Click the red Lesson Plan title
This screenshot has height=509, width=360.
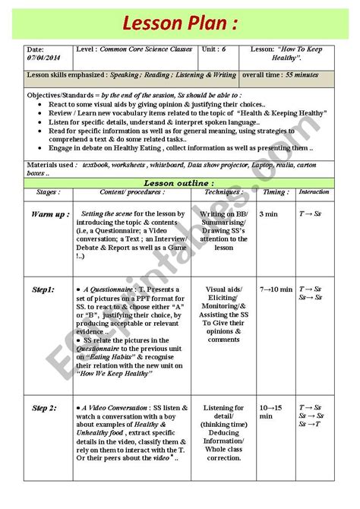click(x=179, y=20)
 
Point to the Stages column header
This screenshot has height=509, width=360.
click(x=49, y=192)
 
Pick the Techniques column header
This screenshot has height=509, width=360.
click(x=223, y=192)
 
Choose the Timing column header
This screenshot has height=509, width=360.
click(x=275, y=192)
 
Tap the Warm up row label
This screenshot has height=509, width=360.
click(x=50, y=215)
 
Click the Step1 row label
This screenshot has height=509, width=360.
click(x=43, y=289)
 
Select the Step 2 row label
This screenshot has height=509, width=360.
click(x=44, y=409)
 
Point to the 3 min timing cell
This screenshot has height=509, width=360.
click(x=269, y=215)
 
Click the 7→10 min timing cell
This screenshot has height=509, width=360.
click(x=275, y=289)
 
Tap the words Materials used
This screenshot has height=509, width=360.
click(x=51, y=164)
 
